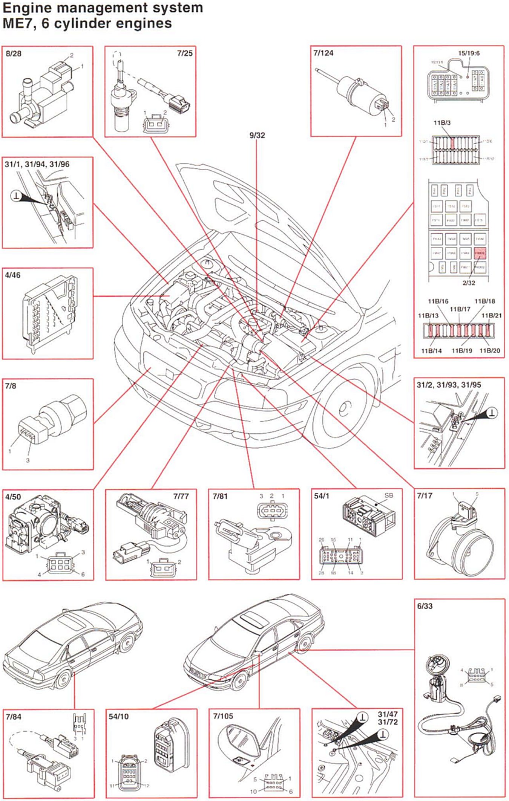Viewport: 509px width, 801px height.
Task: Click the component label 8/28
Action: (14, 54)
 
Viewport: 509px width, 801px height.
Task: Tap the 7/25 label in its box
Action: (185, 53)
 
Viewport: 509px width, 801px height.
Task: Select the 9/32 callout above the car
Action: (257, 135)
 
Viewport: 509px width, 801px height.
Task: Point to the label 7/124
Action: (323, 53)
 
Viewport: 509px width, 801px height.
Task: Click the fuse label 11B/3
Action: (442, 123)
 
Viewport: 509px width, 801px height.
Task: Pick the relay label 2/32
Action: (469, 283)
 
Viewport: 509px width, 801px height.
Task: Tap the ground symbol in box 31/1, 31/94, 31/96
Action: (16, 196)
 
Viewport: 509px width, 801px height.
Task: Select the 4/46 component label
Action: (13, 275)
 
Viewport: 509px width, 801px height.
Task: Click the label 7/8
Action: (11, 386)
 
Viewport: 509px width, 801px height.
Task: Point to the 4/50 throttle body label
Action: (13, 497)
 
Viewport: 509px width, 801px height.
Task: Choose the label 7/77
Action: (181, 496)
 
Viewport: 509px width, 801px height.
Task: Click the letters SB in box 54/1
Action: (388, 495)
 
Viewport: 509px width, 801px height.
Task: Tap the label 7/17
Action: (425, 495)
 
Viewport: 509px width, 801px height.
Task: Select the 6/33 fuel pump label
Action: (425, 606)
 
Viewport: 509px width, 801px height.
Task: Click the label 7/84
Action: (14, 717)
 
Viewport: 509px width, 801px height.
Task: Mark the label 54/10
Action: (118, 717)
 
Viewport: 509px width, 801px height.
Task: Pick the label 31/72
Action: (388, 722)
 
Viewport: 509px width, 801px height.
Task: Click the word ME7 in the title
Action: (17, 23)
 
